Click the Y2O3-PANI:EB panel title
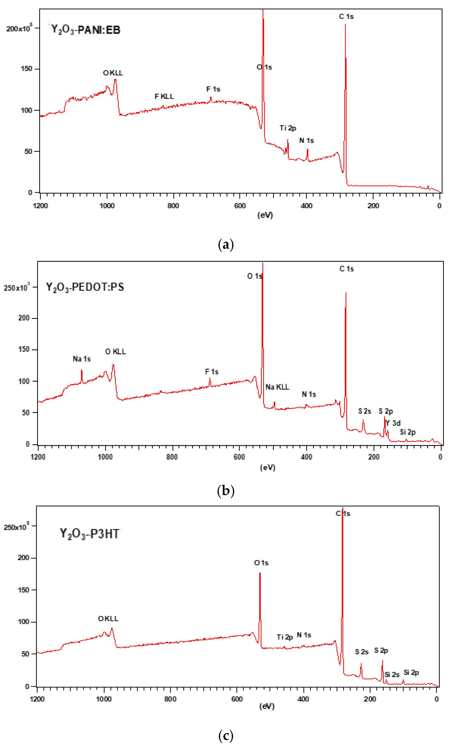(x=86, y=30)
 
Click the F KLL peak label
(x=164, y=96)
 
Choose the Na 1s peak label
(x=82, y=359)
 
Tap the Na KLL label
(x=277, y=387)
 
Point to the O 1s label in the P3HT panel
(x=261, y=563)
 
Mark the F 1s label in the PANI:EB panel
(x=213, y=89)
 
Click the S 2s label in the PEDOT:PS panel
(x=364, y=411)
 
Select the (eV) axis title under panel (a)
(x=265, y=215)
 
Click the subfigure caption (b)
(x=226, y=491)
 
